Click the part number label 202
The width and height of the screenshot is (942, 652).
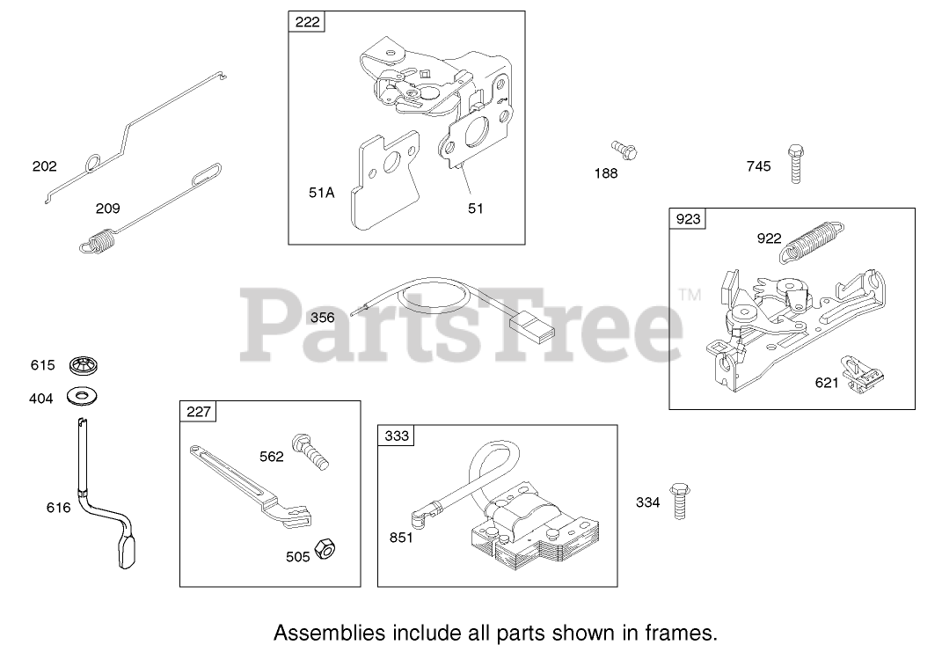[x=44, y=166]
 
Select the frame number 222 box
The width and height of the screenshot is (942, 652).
[x=307, y=22]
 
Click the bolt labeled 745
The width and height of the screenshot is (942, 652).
[x=795, y=162]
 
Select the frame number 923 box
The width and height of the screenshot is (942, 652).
[x=689, y=218]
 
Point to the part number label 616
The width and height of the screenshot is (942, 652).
[x=58, y=506]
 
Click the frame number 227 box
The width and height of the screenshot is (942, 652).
[x=198, y=411]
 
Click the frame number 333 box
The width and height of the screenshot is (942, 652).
[x=397, y=436]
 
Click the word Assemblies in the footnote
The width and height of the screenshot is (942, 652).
[x=327, y=633]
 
